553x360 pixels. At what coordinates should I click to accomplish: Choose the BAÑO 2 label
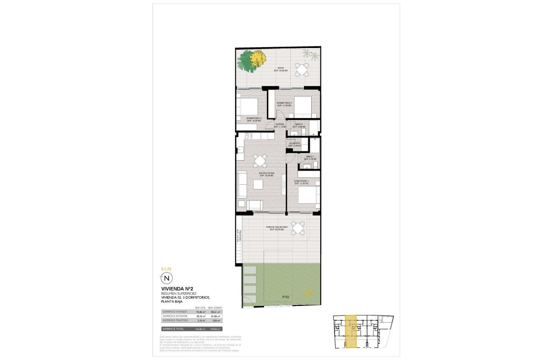[x=299, y=125]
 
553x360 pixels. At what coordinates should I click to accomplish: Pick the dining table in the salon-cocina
[x=260, y=161]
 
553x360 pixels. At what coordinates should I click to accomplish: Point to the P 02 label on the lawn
[x=286, y=297]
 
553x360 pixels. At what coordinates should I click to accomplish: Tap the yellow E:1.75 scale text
[x=166, y=269]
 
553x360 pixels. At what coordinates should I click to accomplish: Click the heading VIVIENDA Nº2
[x=176, y=288]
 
